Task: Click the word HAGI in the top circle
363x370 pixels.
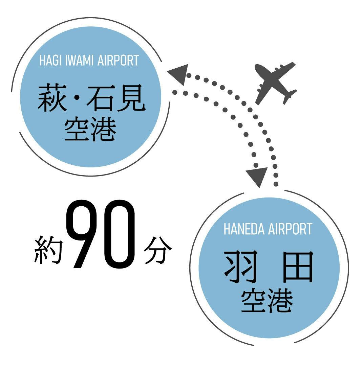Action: (50, 61)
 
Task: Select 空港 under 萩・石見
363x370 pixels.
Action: (90, 130)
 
